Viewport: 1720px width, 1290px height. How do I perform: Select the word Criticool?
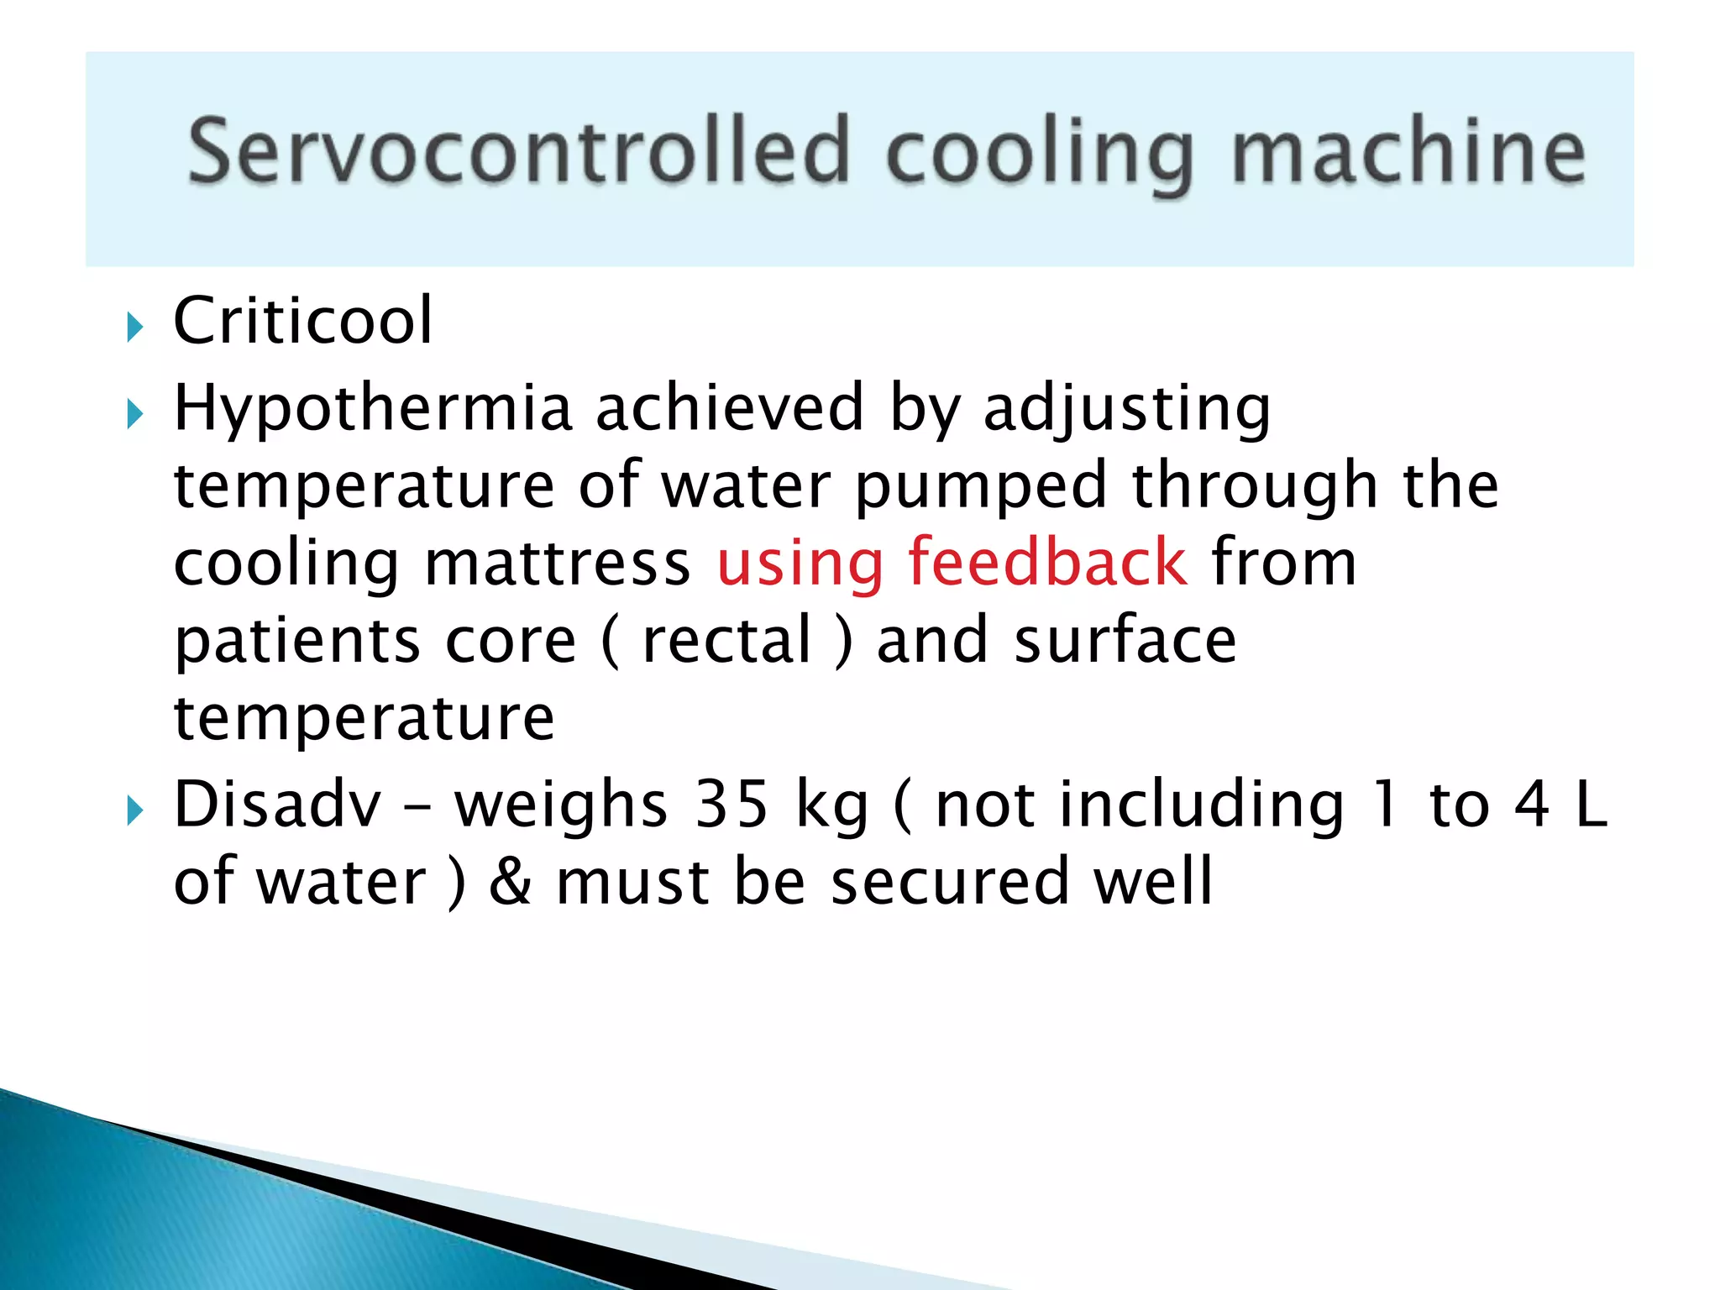pyautogui.click(x=302, y=321)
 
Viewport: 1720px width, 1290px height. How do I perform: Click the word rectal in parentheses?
pyautogui.click(x=727, y=640)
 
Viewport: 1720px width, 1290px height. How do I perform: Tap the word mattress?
pyautogui.click(x=557, y=563)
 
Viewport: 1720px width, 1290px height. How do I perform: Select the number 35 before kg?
pyautogui.click(x=732, y=804)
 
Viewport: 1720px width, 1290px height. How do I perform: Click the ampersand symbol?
pyautogui.click(x=511, y=882)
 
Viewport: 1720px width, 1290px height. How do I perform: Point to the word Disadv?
pyautogui.click(x=277, y=804)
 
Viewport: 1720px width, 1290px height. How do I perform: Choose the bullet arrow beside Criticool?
pyautogui.click(x=135, y=327)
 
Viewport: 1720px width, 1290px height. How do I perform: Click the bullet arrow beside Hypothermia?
pyautogui.click(x=135, y=414)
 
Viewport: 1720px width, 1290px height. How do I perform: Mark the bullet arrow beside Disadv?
pyautogui.click(x=135, y=810)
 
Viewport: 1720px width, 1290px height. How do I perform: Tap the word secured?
pyautogui.click(x=950, y=882)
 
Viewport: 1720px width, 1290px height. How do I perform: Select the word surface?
pyautogui.click(x=1125, y=640)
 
